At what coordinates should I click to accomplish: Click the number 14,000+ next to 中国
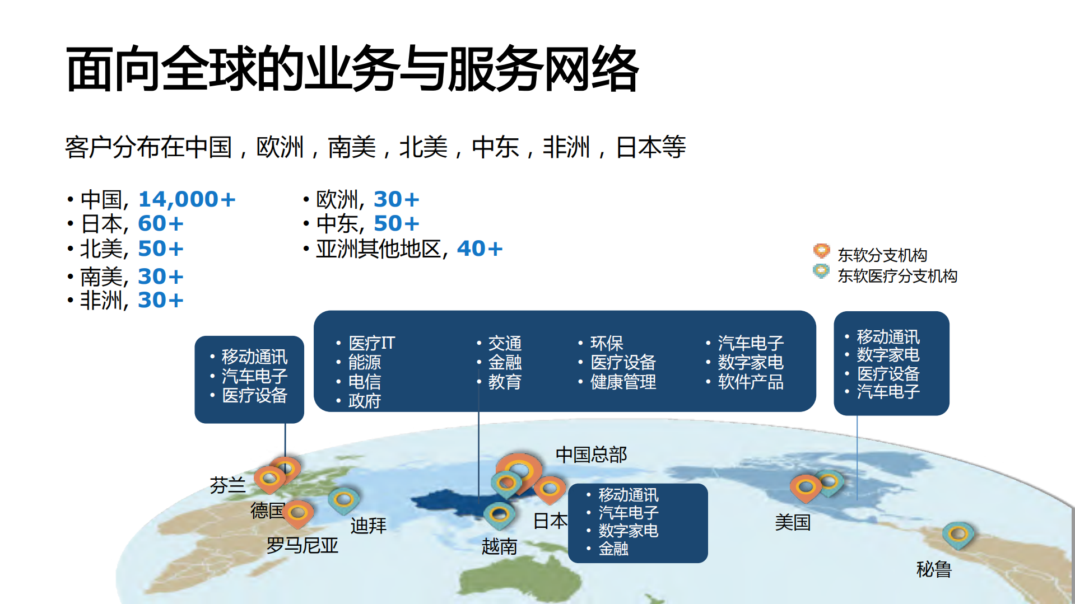(x=187, y=199)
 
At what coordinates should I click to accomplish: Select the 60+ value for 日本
(x=160, y=224)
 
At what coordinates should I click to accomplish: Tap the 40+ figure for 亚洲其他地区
(x=480, y=249)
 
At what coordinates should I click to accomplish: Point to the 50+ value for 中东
(x=396, y=224)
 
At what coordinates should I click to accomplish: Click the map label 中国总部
(x=591, y=455)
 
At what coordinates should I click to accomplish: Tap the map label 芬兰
(x=227, y=485)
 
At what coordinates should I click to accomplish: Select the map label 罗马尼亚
(x=302, y=545)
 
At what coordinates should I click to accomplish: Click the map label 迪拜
(x=368, y=526)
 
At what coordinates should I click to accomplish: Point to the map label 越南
(x=499, y=546)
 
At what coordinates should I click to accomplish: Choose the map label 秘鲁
(x=934, y=569)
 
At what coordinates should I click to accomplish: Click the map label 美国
(x=793, y=523)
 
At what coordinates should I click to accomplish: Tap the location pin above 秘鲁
(x=958, y=533)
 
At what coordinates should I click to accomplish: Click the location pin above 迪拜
(x=343, y=499)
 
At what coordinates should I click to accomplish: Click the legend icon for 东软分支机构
(x=821, y=251)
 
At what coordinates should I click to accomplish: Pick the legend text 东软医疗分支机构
(x=897, y=276)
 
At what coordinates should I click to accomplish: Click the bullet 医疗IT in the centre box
(x=371, y=343)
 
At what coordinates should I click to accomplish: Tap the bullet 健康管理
(x=623, y=382)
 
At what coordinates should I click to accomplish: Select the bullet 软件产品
(x=751, y=382)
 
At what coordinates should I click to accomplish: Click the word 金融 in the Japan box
(x=613, y=549)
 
